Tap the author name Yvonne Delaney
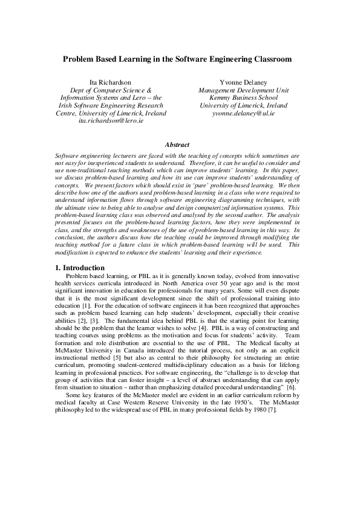pos(235,82)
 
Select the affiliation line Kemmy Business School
pos(235,97)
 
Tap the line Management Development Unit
pos(235,89)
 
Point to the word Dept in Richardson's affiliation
pos(79,89)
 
